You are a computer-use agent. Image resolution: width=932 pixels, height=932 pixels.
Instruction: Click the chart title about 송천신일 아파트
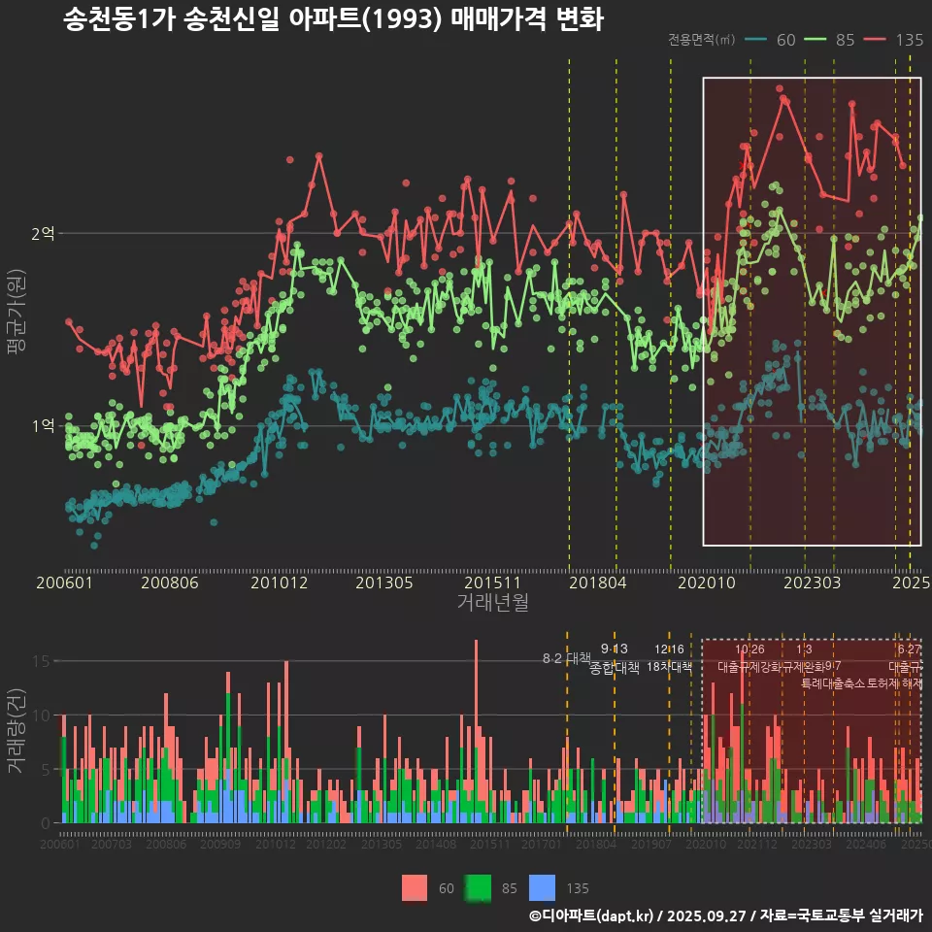(333, 20)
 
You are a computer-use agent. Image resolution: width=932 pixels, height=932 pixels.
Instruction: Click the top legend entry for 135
(894, 40)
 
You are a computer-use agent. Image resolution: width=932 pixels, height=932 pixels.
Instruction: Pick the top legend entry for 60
(772, 40)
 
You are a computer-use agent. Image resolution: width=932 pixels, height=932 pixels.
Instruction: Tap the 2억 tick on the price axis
(43, 234)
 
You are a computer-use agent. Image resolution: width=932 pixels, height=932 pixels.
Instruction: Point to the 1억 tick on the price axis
(43, 426)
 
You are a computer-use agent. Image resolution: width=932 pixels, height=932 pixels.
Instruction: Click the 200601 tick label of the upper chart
(64, 583)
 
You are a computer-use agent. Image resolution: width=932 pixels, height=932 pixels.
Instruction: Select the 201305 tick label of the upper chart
(384, 583)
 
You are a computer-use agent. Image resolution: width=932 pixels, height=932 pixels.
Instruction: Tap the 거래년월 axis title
(492, 603)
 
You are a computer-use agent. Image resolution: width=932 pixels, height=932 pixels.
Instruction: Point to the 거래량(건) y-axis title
(17, 731)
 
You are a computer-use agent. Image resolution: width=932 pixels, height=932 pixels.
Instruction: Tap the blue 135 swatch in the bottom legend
(543, 887)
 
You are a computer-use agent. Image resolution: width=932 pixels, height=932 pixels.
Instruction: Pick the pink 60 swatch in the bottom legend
(415, 887)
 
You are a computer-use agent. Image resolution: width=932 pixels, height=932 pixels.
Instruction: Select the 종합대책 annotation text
(615, 668)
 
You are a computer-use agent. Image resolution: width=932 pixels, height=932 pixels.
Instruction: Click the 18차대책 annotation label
(669, 668)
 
